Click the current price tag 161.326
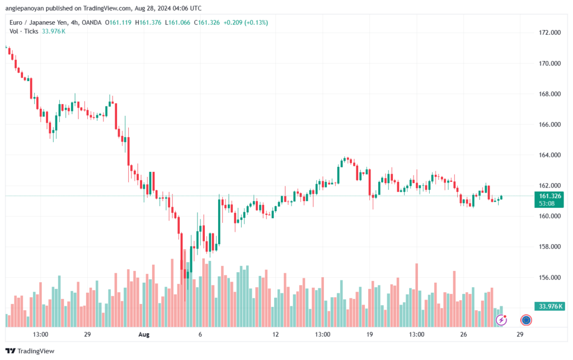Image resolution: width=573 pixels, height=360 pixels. click(548, 196)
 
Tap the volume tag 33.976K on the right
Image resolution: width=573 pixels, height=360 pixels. click(549, 306)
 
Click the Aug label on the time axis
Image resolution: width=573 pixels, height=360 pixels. click(143, 334)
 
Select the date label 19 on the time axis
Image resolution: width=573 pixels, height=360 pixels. click(369, 334)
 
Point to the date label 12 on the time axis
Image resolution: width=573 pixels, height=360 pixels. click(275, 334)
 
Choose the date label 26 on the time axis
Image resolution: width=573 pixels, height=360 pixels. click(463, 334)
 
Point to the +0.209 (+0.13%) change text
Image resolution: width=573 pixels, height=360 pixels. click(246, 22)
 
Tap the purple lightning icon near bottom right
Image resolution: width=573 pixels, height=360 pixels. click(502, 320)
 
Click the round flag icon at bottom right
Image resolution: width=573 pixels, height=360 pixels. click(526, 320)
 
